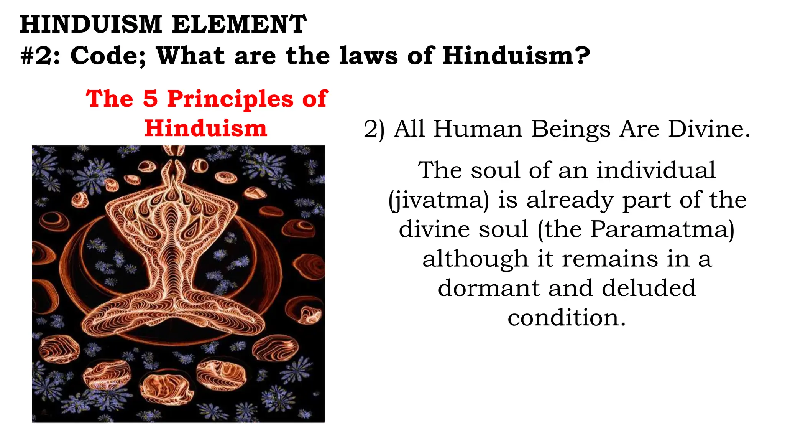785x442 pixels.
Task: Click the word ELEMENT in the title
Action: (x=239, y=24)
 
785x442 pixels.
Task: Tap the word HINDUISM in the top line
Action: (x=91, y=24)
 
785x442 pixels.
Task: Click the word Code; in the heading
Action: (x=108, y=56)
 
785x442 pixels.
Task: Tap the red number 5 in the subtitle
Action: (x=150, y=99)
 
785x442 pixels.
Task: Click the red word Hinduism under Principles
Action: (x=206, y=128)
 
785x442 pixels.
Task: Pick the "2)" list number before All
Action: (x=374, y=129)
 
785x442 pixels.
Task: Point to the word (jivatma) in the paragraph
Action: (x=439, y=201)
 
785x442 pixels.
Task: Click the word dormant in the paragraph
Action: (x=489, y=288)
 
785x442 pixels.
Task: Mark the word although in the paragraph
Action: (x=475, y=259)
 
